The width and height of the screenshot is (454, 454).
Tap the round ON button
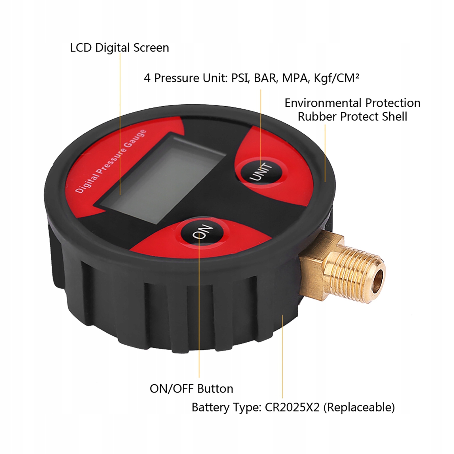pos(201,232)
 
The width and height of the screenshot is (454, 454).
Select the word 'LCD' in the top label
pos(81,48)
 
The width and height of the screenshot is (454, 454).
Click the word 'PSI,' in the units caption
pos(240,78)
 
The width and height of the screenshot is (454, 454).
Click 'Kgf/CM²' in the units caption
pos(337,78)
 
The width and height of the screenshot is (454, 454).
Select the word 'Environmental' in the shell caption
pos(323,103)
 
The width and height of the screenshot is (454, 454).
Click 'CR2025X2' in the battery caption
pos(292,407)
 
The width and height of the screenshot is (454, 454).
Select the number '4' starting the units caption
pos(147,78)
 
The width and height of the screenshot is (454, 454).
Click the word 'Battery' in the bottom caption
pos(210,407)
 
